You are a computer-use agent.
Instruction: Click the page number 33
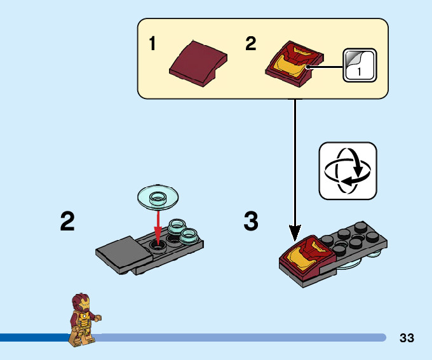point(407,338)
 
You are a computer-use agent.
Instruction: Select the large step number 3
point(251,222)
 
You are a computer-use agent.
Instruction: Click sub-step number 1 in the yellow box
point(152,44)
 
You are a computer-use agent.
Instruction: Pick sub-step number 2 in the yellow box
point(251,44)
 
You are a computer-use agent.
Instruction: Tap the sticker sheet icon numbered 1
point(360,65)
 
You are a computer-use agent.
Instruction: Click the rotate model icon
point(348,171)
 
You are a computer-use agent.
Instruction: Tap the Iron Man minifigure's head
point(81,303)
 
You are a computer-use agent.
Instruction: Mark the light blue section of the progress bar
point(241,337)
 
